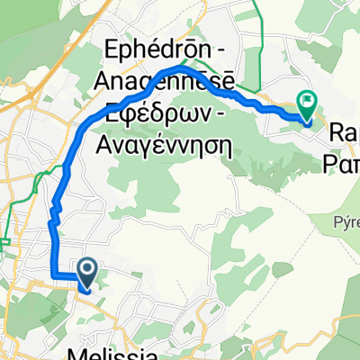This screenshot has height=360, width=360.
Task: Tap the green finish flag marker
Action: point(308,105)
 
